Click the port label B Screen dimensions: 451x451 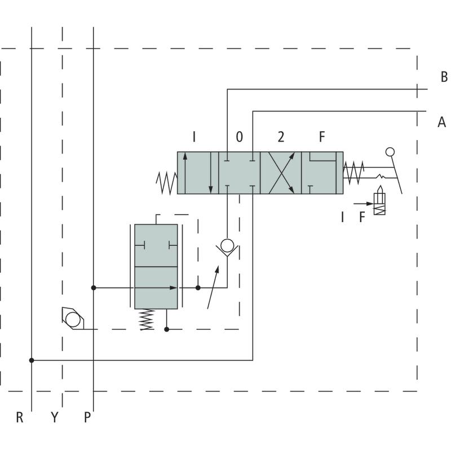(x=444, y=77)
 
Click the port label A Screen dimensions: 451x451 (x=441, y=122)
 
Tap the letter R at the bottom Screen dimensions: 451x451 (x=20, y=418)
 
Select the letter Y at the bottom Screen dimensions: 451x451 (x=55, y=418)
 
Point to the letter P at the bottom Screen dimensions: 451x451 (x=87, y=418)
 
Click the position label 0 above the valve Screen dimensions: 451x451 (x=240, y=137)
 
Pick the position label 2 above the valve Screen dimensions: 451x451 (x=281, y=137)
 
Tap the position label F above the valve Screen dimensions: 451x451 (x=322, y=137)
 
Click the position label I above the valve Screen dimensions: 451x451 (x=194, y=137)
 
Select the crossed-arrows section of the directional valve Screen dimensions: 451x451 (x=281, y=173)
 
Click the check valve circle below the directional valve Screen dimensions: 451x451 (x=227, y=245)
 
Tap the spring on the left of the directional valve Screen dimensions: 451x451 (x=167, y=182)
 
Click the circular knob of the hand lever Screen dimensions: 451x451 (x=390, y=151)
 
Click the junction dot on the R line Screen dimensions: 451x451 (x=32, y=360)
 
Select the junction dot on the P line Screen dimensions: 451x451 (x=94, y=288)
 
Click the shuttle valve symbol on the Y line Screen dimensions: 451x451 (x=72, y=319)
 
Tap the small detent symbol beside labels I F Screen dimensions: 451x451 (x=379, y=204)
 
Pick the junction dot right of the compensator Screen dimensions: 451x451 (x=198, y=288)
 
